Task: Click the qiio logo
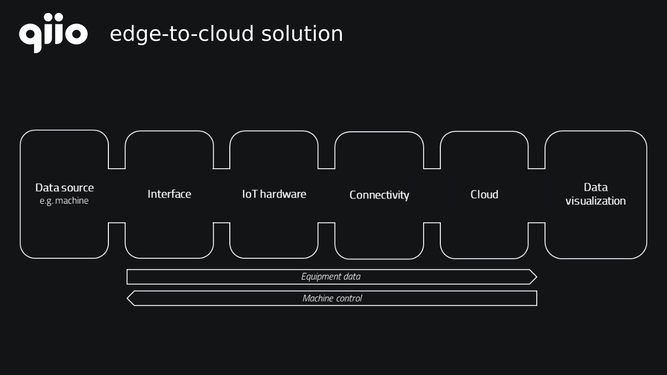tap(53, 33)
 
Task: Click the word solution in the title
tap(302, 33)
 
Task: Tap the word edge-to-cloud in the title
tap(182, 34)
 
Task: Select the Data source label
tap(65, 187)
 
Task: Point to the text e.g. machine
tap(64, 201)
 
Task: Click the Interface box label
tap(169, 194)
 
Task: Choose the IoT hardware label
tap(274, 194)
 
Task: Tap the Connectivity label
tap(379, 195)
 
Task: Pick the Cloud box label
tap(484, 194)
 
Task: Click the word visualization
tap(596, 201)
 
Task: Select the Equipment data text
tap(331, 277)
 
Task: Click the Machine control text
tap(332, 298)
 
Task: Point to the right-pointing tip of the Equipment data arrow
tap(537, 277)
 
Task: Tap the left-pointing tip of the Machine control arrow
tap(127, 298)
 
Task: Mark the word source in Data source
tap(78, 188)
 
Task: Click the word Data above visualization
tap(596, 187)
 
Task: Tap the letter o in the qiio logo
tap(76, 33)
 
